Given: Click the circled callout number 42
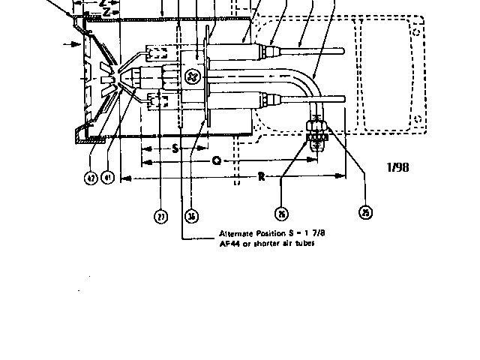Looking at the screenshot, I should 90,178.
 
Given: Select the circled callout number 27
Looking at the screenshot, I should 161,217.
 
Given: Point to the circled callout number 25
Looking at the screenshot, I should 365,213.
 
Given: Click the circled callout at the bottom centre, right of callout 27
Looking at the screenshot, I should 193,217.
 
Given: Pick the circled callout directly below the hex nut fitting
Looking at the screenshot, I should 282,213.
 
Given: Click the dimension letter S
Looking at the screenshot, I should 175,148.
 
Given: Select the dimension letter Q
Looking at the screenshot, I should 215,160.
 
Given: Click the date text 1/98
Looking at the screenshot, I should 397,167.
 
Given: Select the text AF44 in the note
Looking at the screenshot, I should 228,243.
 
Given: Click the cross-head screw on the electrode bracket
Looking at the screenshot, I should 192,77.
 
